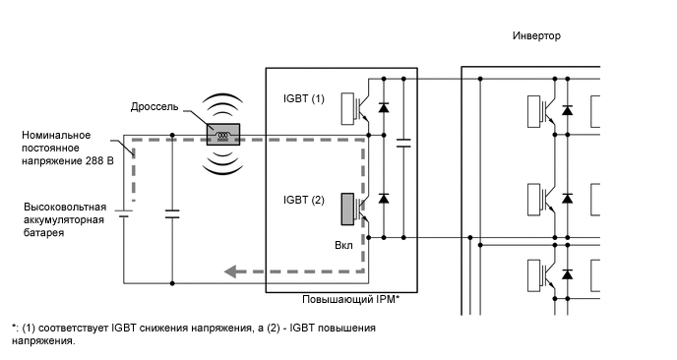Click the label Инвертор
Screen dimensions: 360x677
[536, 35]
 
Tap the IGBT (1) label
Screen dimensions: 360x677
[303, 99]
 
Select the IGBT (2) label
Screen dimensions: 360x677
[303, 201]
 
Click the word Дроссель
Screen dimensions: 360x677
[154, 106]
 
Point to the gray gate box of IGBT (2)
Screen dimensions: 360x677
[347, 210]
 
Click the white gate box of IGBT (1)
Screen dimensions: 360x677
[347, 109]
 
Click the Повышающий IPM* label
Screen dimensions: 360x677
[355, 299]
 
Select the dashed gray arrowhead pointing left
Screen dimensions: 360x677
[229, 272]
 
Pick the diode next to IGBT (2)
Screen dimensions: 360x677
[383, 200]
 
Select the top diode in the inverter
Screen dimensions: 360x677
[567, 108]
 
